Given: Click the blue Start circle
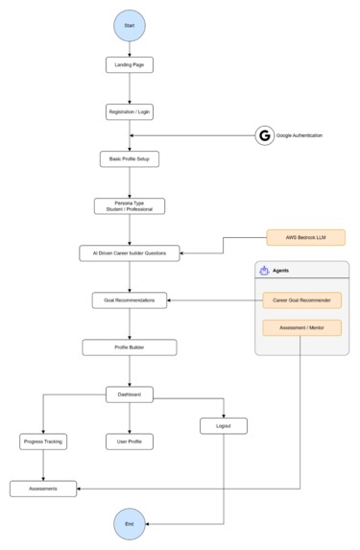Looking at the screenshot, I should click(129, 23).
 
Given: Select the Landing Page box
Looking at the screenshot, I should click(129, 65).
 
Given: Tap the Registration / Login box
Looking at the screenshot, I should click(129, 112).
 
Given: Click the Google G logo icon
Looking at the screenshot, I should click(264, 136).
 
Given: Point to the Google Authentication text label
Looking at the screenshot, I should click(299, 136).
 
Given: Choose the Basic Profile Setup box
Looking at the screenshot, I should click(129, 158).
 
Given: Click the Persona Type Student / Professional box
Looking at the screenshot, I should click(129, 206).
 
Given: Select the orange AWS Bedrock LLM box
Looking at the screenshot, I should click(305, 237).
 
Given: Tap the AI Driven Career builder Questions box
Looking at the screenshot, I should click(129, 253).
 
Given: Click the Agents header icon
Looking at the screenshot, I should click(264, 271).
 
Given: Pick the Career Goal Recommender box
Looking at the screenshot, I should click(301, 300).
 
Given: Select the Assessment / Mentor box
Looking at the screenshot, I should click(301, 327).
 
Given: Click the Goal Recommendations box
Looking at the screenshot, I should click(129, 300).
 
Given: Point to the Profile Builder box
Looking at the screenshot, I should click(129, 347).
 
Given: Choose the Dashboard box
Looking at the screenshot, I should click(129, 395).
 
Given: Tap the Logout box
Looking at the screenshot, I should click(224, 425).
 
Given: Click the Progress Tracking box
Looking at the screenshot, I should click(43, 442).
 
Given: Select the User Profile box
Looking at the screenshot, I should click(129, 442).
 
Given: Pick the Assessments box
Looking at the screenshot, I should click(43, 489).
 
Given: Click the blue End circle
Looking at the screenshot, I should click(129, 524).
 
